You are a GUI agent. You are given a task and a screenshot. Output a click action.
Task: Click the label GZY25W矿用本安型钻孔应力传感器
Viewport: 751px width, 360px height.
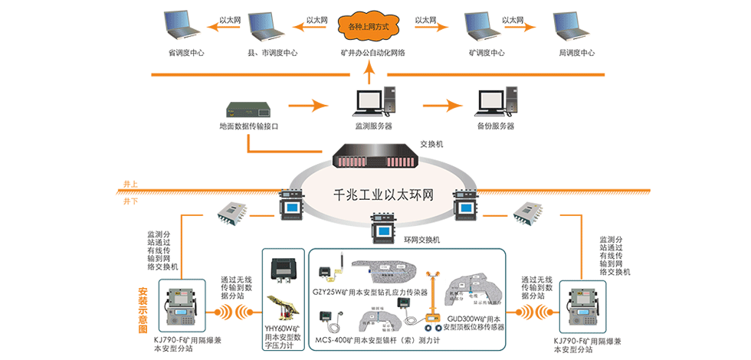(369, 292)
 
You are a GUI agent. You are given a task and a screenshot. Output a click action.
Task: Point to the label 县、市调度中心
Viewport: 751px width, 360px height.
(272, 54)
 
